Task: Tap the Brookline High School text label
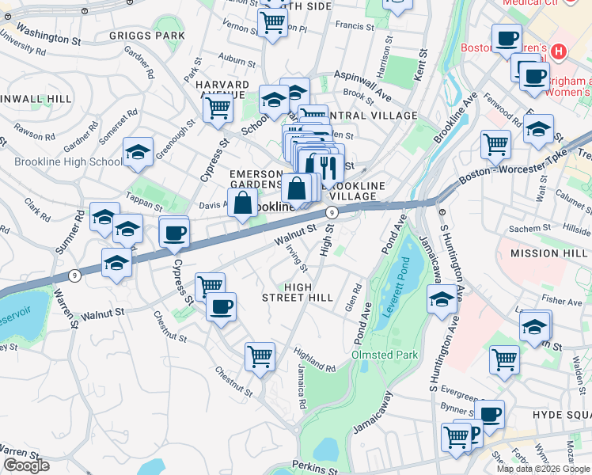coord(68,162)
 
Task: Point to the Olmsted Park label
coord(384,355)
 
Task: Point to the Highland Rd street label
coord(313,362)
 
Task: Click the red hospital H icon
coord(559,52)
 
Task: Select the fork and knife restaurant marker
coord(327,166)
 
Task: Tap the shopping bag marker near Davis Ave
coord(243,203)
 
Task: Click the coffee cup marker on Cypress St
coord(174,233)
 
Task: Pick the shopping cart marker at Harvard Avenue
coord(218,107)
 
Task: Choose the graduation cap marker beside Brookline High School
coord(138,153)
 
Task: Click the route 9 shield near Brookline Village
coord(332,212)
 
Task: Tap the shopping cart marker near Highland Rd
coord(260,357)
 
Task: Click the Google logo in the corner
coord(26,466)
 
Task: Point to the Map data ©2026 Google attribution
coord(543,469)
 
